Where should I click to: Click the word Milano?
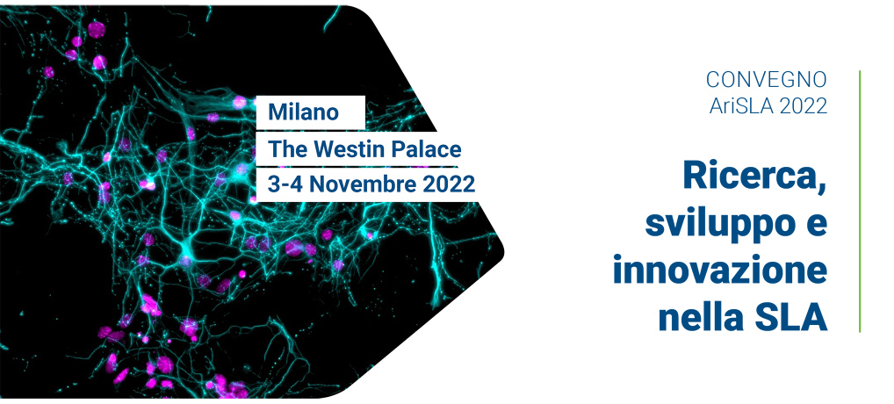303,112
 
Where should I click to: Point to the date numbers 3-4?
286,184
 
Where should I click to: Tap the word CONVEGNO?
767,80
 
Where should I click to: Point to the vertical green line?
859,201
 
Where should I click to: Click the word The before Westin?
288,149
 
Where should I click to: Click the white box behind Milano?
310,112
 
